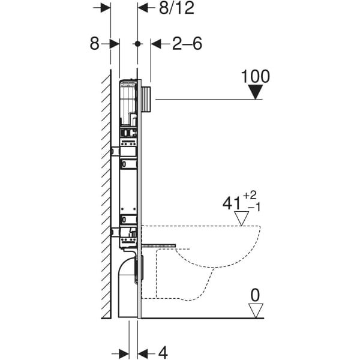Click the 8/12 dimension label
tap(163, 8)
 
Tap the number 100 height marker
tap(256, 76)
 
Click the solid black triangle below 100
tap(256, 91)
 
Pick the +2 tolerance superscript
tap(254, 196)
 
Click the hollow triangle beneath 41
tap(242, 218)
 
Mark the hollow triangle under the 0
tap(257, 310)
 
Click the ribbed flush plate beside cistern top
tap(148, 98)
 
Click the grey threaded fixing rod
tap(158, 245)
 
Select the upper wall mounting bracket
tap(115, 152)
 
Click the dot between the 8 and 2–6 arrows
tap(138, 44)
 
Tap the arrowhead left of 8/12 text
tap(143, 8)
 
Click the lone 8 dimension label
tap(94, 44)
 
